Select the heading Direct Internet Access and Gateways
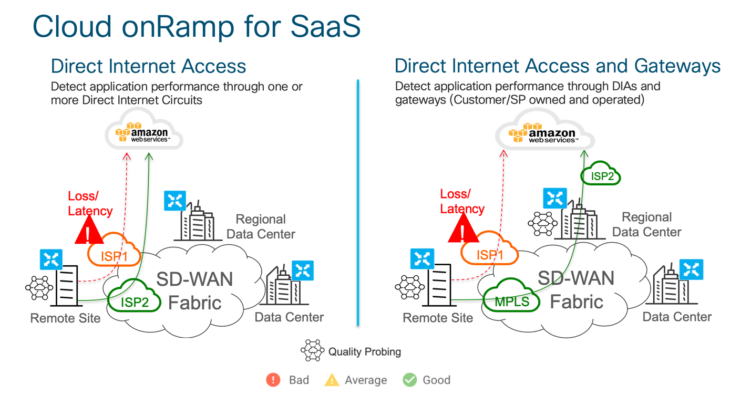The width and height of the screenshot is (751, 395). (557, 66)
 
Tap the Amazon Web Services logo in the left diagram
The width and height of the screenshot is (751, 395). (143, 133)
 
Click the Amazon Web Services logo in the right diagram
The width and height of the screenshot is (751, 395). (544, 133)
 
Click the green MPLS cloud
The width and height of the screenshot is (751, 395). (511, 300)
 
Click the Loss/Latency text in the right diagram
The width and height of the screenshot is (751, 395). (461, 201)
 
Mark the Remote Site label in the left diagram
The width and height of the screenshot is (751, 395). (65, 318)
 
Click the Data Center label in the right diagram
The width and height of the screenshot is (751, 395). (677, 317)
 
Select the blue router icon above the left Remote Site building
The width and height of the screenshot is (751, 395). (52, 259)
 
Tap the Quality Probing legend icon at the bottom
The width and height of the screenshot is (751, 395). (313, 351)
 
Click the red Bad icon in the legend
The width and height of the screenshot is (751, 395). (273, 380)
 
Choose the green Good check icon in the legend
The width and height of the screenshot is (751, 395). (409, 380)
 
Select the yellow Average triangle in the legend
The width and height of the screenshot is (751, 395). (332, 380)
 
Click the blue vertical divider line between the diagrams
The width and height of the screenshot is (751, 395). (358, 202)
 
